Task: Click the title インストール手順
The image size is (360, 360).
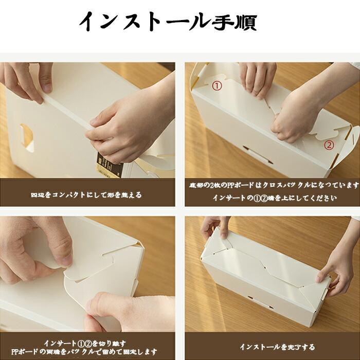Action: [168, 22]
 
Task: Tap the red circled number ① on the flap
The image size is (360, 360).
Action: [217, 86]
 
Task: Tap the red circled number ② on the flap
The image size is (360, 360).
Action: [329, 145]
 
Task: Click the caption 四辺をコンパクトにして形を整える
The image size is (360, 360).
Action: [86, 195]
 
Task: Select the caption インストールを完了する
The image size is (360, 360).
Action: [277, 347]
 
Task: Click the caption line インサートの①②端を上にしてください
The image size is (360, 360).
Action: [275, 197]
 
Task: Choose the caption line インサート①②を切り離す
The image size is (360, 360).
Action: [85, 343]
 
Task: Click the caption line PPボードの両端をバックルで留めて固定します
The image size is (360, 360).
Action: [84, 351]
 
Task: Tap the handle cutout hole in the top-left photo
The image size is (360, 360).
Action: [27, 138]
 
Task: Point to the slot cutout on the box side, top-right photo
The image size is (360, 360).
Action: [258, 154]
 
